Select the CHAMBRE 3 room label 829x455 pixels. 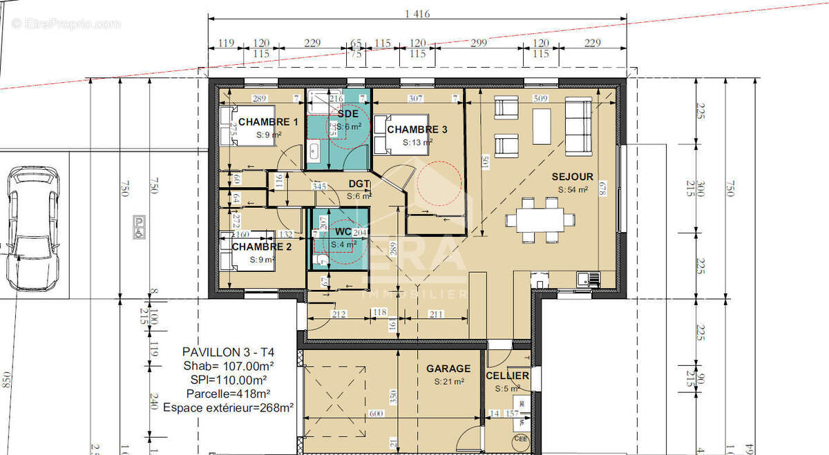[x=417, y=130]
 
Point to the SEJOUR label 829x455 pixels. [x=573, y=177]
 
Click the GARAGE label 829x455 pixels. [x=448, y=369]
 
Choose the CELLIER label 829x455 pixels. [x=507, y=376]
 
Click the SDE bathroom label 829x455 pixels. [x=347, y=113]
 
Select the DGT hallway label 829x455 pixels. [x=359, y=183]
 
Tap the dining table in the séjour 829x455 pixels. [x=540, y=220]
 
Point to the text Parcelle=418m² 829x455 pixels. [x=225, y=394]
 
